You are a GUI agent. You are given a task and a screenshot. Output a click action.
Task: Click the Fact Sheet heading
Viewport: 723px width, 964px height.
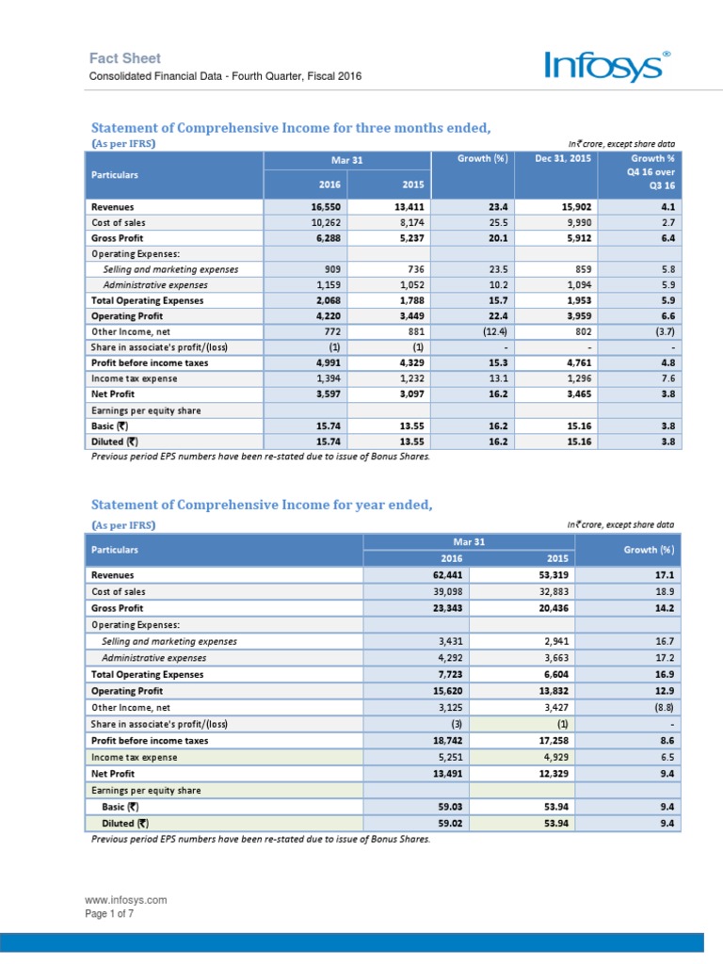tap(125, 58)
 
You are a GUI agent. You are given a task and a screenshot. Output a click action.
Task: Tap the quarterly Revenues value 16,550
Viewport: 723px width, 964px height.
tap(332, 206)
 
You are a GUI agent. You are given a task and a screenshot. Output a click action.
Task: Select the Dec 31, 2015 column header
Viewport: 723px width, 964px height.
tap(563, 158)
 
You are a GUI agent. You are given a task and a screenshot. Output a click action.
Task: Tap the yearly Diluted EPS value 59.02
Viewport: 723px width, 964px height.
tap(448, 823)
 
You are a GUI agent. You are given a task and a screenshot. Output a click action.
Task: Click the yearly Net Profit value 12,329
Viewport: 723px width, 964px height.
tap(548, 774)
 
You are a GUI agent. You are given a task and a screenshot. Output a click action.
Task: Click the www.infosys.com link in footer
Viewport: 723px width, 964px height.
tap(127, 900)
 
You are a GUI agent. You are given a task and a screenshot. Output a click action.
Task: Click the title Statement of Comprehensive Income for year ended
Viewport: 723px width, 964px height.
tap(261, 505)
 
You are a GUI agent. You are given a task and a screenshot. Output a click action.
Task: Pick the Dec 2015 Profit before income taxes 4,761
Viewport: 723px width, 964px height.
tap(575, 362)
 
